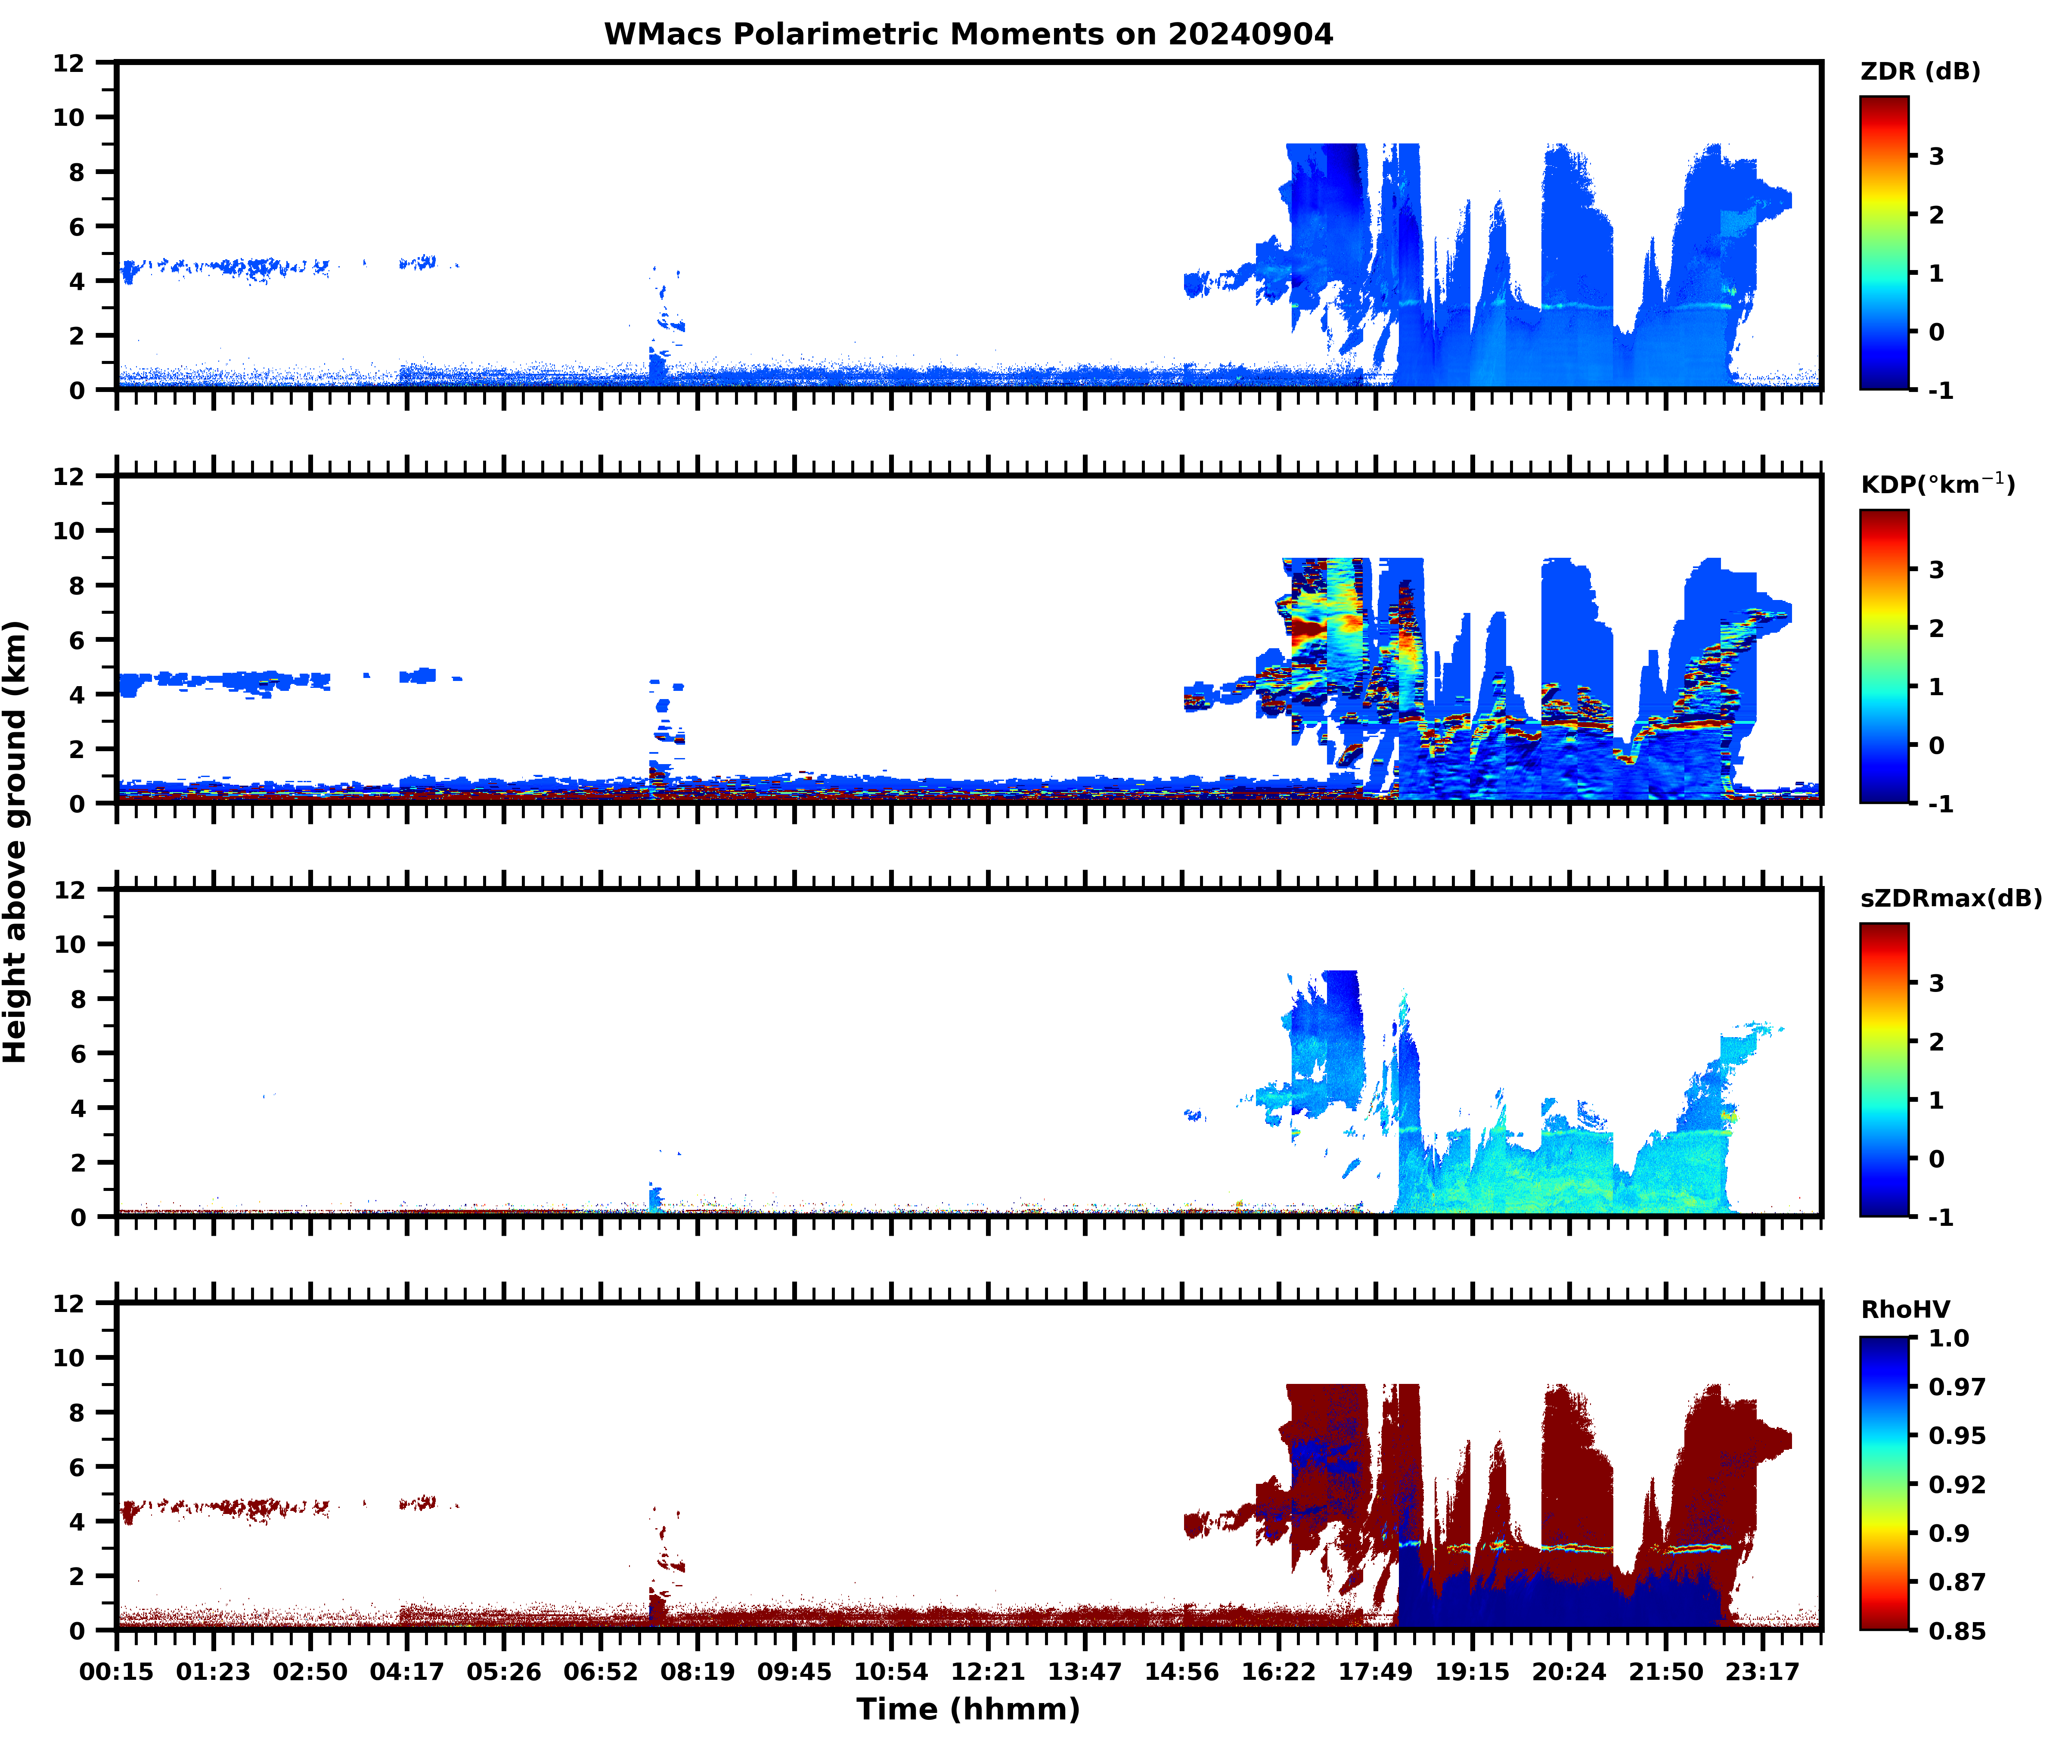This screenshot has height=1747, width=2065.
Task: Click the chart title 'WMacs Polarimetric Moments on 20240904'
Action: point(968,34)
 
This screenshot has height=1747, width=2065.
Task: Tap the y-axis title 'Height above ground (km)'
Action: point(16,842)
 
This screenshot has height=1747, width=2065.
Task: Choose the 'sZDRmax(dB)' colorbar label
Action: point(1950,898)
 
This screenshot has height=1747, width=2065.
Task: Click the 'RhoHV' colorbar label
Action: point(1905,1309)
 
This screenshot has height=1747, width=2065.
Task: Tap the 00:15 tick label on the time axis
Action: point(117,1672)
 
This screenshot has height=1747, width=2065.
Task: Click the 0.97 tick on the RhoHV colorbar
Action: point(1956,1386)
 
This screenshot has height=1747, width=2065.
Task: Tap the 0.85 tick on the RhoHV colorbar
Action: point(1956,1630)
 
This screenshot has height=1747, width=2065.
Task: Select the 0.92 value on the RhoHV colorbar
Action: point(1956,1483)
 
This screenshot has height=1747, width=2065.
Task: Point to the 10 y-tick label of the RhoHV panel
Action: point(69,1358)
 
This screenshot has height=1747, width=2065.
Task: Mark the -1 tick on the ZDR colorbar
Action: point(1940,390)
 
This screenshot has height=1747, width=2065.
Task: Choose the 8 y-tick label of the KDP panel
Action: point(77,585)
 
